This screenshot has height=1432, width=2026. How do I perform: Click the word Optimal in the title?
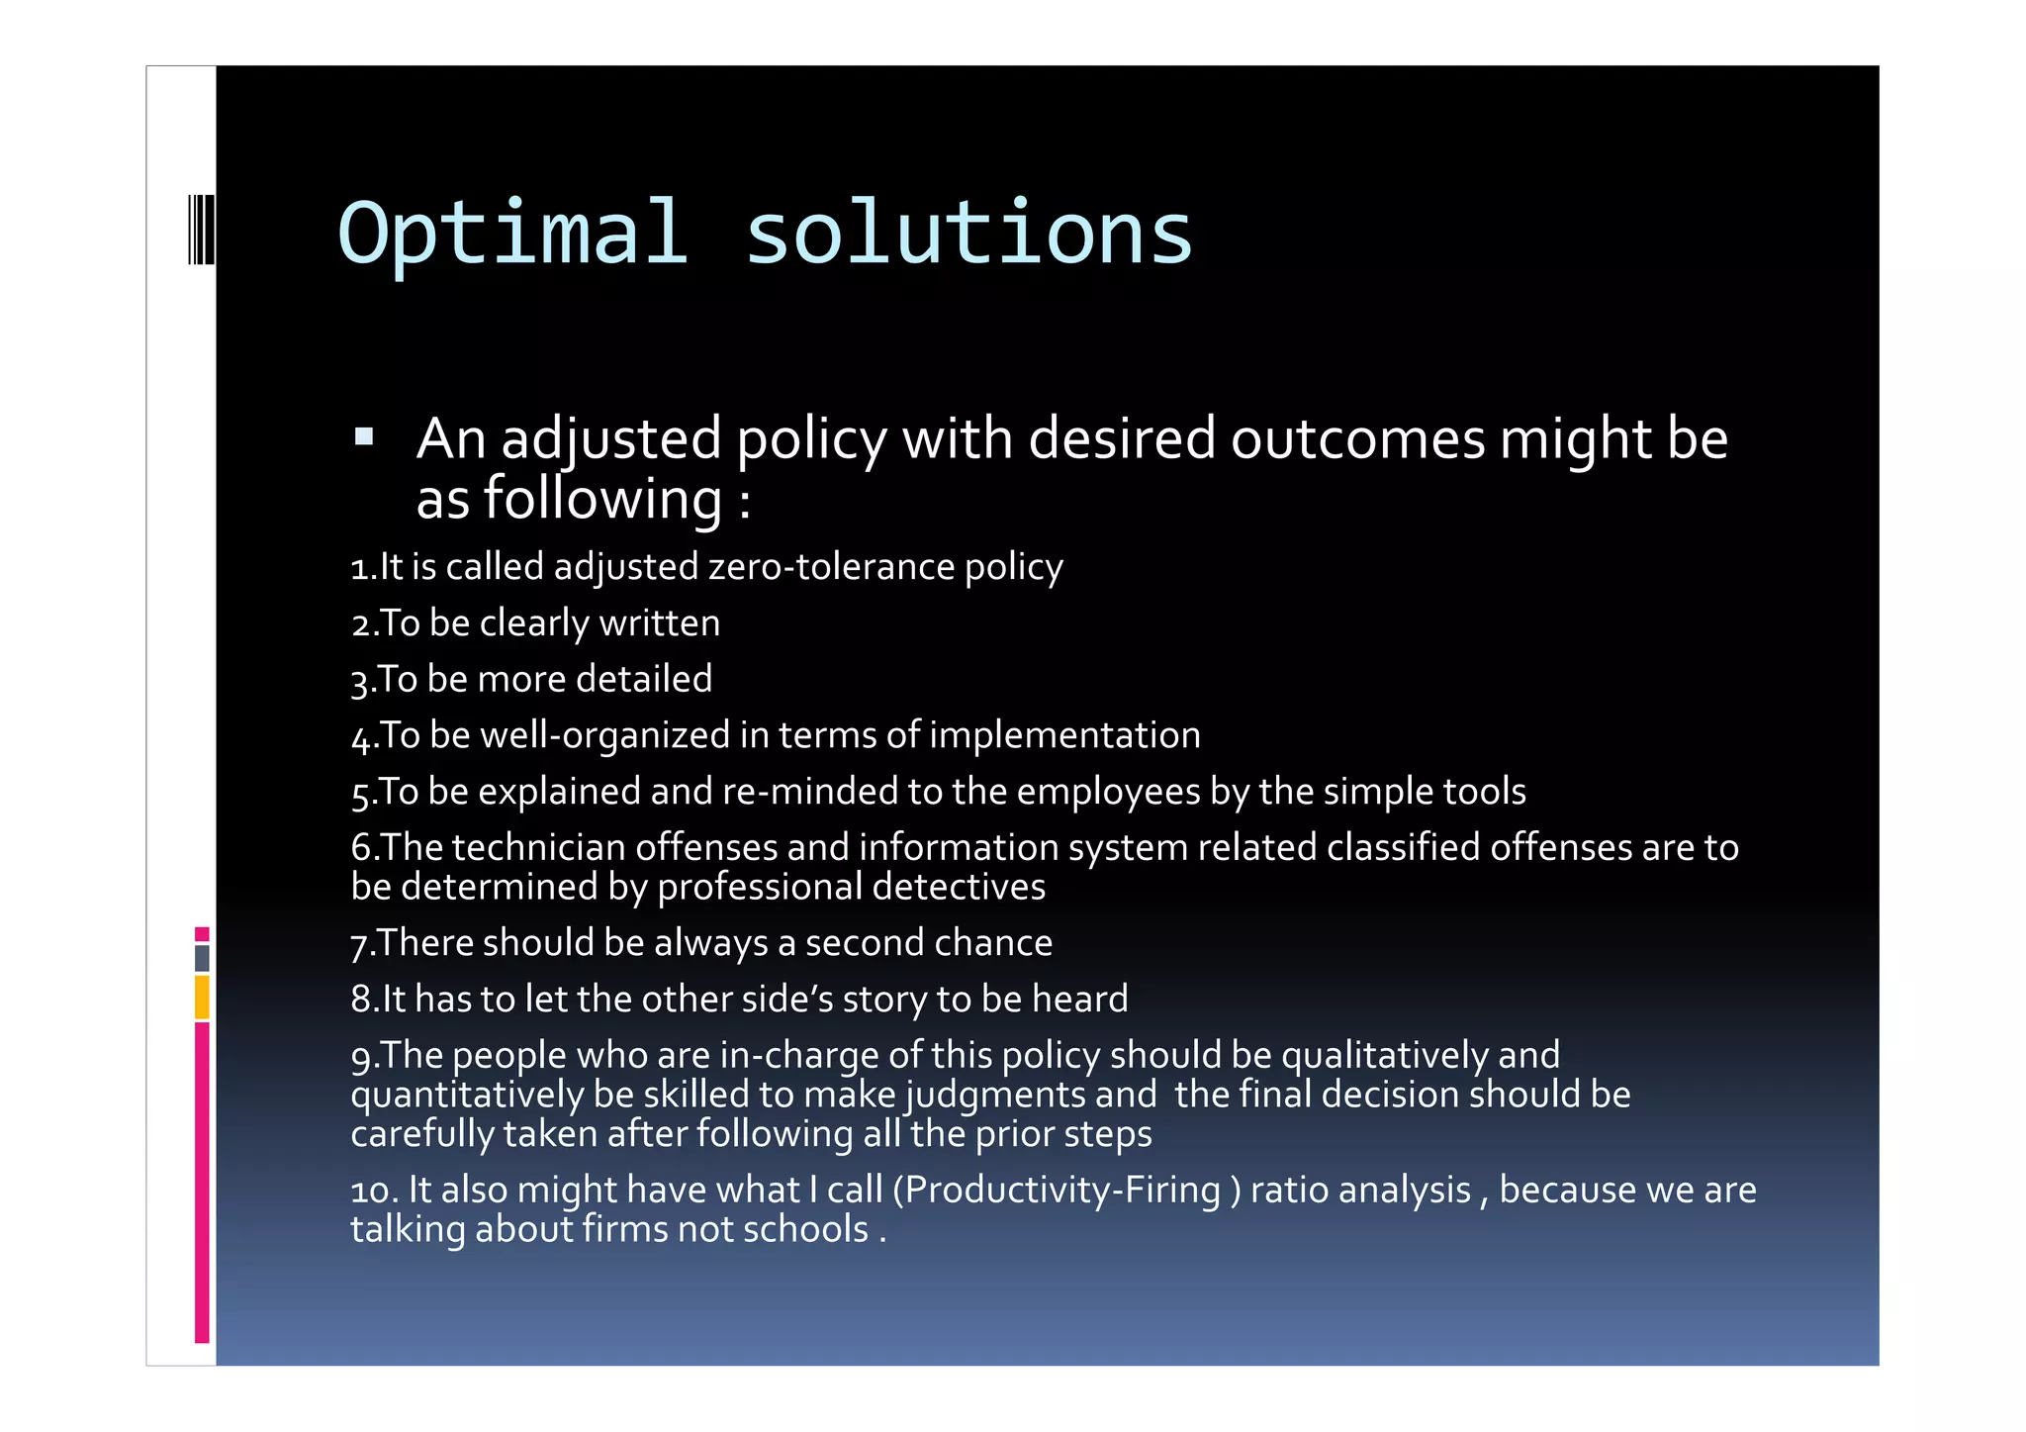(512, 234)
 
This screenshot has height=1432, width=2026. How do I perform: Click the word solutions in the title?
(968, 234)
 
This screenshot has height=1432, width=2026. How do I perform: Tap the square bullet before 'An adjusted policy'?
(364, 435)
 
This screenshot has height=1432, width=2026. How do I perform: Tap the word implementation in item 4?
(1064, 735)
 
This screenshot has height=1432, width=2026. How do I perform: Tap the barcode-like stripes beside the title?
(201, 230)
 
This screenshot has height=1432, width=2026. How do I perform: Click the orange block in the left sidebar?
(202, 997)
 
